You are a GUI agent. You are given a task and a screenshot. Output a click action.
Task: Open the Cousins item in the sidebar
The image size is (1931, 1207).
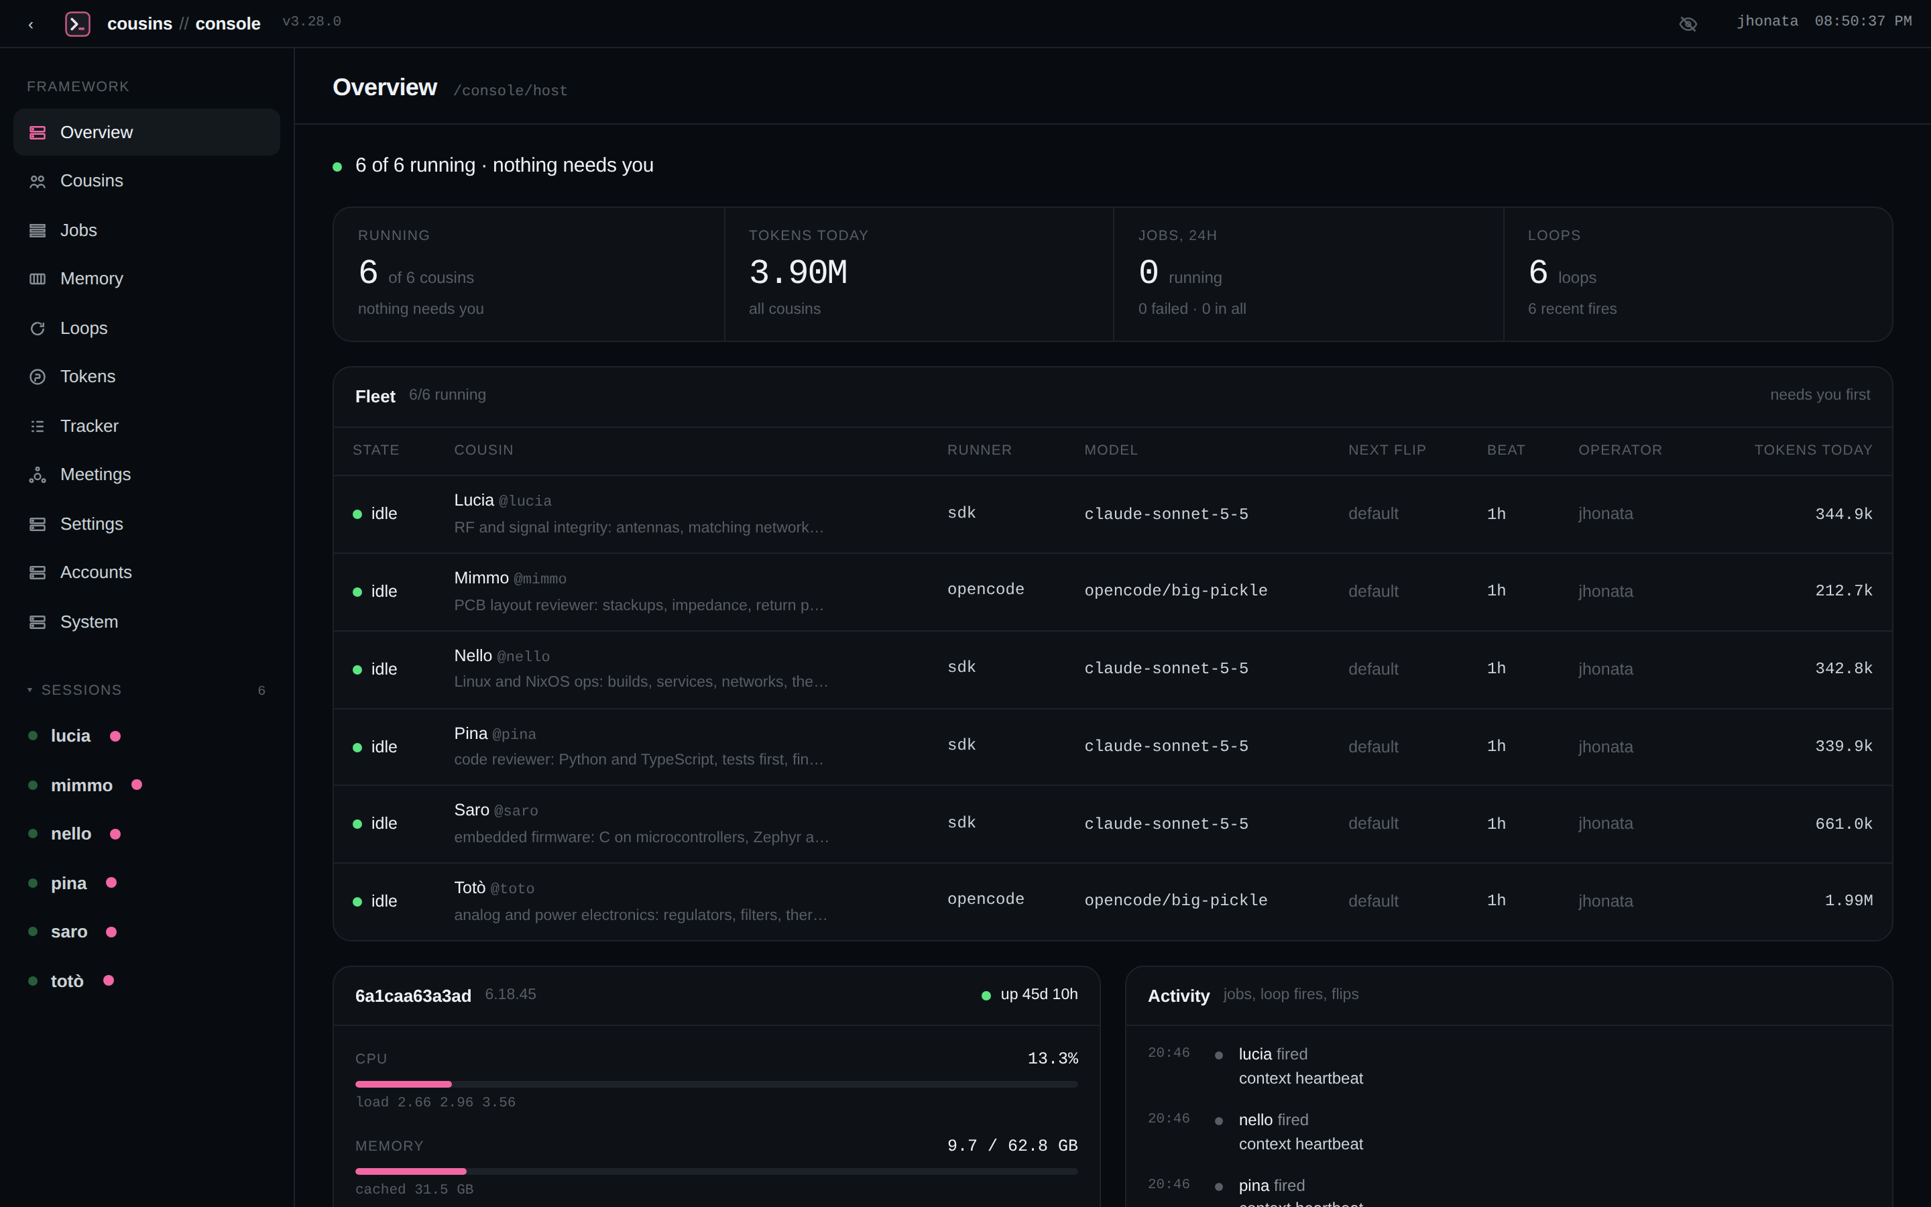[91, 181]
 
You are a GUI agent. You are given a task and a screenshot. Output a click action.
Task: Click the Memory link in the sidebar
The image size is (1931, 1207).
[91, 278]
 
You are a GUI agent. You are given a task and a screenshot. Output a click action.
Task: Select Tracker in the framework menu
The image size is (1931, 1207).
[89, 426]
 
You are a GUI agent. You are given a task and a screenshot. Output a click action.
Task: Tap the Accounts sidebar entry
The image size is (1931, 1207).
[96, 573]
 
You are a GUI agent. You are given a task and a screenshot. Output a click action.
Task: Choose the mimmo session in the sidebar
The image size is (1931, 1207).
[81, 785]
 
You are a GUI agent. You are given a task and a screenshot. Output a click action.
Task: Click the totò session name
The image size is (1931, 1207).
[67, 981]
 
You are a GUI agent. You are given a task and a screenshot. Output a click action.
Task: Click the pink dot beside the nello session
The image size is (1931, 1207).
[115, 834]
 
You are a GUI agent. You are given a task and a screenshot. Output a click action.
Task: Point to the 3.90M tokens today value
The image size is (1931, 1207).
[798, 273]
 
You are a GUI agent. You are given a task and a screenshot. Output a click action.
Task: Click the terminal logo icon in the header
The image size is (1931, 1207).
[77, 24]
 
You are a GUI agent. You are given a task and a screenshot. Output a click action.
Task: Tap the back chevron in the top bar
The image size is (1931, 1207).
[31, 25]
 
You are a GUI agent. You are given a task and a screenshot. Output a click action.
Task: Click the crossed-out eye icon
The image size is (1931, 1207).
[1688, 24]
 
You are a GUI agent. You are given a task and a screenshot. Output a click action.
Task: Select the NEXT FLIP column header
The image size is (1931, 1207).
[1387, 450]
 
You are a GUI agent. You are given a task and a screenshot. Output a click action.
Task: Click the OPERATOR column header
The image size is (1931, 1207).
[1620, 450]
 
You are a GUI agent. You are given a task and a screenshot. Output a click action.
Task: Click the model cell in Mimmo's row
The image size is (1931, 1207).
[1175, 591]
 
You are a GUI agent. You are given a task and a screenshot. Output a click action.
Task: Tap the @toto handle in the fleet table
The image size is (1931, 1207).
[512, 888]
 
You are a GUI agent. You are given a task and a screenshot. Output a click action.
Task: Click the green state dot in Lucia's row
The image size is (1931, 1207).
[357, 515]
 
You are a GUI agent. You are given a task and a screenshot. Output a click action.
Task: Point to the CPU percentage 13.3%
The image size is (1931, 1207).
[1053, 1059]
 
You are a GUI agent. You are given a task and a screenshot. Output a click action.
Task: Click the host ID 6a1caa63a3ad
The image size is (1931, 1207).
[413, 996]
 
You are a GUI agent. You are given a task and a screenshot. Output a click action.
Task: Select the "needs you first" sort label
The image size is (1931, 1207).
[1819, 395]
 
